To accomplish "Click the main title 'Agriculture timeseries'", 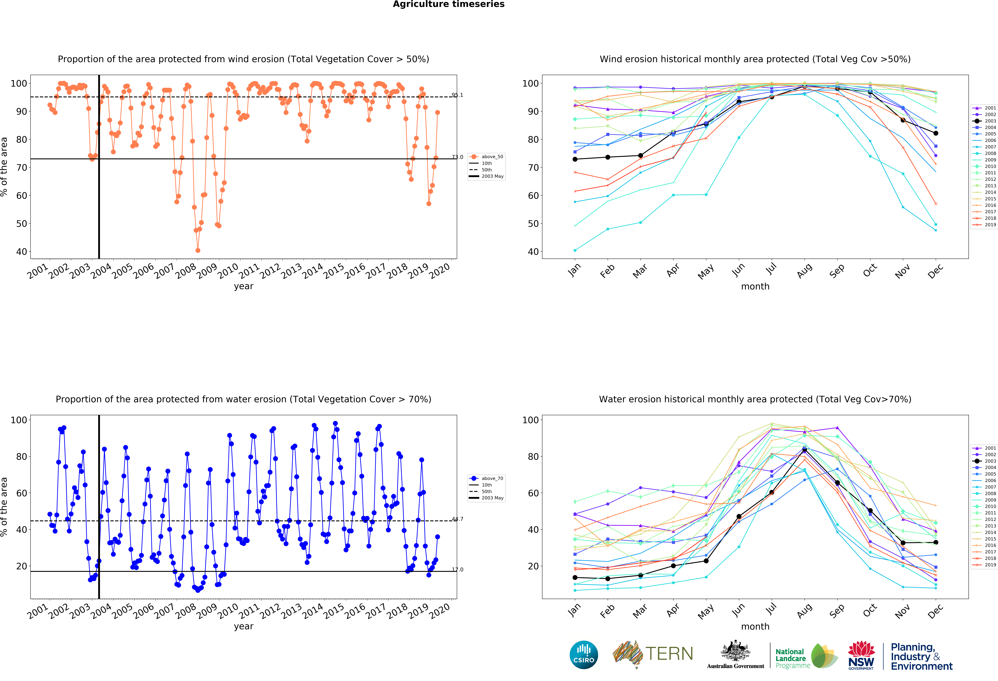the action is tap(449, 4).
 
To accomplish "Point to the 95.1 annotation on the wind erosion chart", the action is tap(457, 95).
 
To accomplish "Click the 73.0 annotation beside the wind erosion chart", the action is tap(457, 157).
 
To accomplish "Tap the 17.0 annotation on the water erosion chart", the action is tap(457, 570).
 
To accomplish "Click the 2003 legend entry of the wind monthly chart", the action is tap(984, 121).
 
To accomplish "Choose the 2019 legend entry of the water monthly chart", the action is tap(984, 565).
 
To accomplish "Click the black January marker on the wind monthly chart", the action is tap(575, 160).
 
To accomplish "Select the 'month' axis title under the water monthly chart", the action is tap(755, 626).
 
